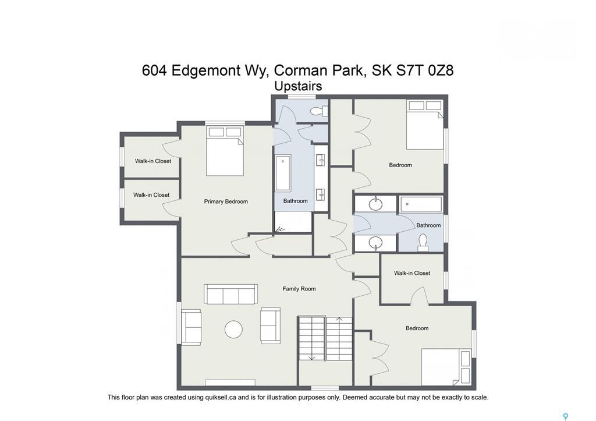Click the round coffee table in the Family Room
[233, 330]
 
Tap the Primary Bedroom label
[226, 201]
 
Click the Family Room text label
[299, 289]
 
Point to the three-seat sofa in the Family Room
[230, 294]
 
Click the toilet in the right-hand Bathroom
[423, 241]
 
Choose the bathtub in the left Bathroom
[283, 173]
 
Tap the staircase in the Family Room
[325, 338]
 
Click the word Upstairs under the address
[298, 86]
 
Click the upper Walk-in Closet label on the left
[153, 161]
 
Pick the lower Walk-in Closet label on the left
[151, 195]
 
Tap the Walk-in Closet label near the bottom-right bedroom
[412, 273]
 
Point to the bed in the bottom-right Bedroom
[446, 367]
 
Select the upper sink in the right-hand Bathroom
[375, 204]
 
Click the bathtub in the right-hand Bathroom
[421, 204]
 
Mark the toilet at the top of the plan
[317, 111]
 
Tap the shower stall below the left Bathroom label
[293, 222]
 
